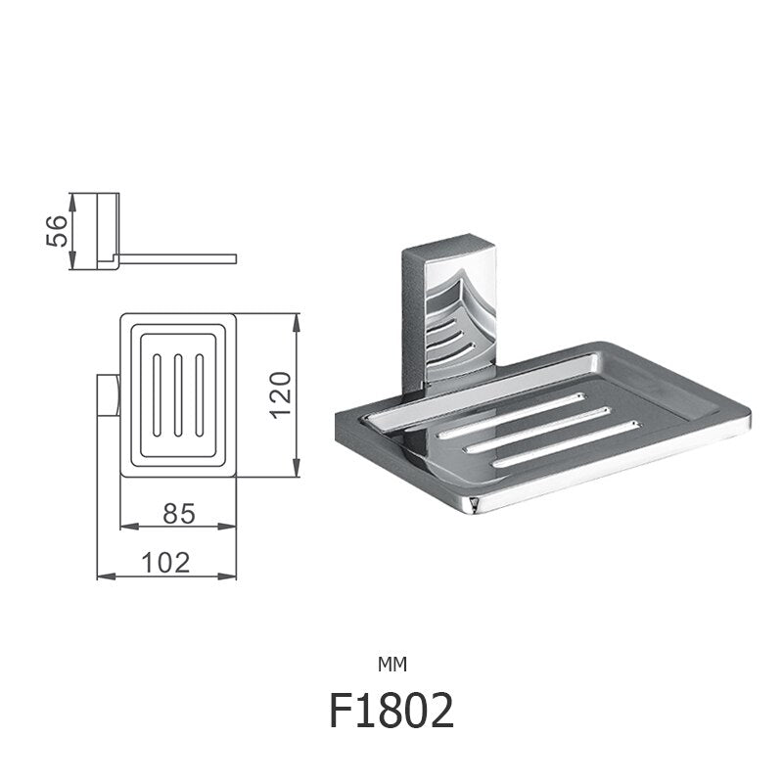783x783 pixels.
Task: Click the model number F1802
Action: [391, 713]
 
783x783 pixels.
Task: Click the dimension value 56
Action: [59, 230]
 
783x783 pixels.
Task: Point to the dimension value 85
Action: [177, 511]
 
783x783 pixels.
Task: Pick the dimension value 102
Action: [166, 561]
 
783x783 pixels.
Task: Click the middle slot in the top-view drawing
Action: [178, 395]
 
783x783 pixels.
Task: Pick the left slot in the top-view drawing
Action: [157, 395]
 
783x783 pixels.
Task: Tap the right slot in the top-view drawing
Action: [200, 395]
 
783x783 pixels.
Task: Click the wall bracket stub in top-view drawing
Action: [107, 395]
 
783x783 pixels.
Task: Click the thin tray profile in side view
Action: [176, 258]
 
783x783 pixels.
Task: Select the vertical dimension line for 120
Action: [298, 395]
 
